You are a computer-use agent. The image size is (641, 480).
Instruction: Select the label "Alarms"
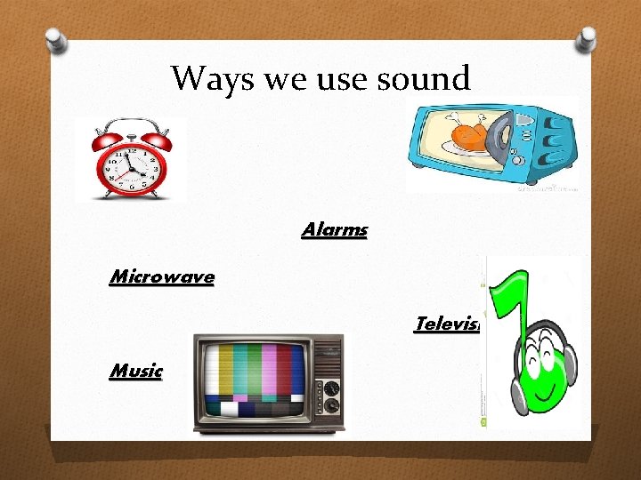335,229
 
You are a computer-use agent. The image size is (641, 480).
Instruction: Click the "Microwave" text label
161,276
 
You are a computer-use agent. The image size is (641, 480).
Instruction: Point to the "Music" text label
136,371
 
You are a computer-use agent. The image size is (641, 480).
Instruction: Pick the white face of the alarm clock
130,168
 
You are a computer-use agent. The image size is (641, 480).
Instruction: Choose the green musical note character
534,338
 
